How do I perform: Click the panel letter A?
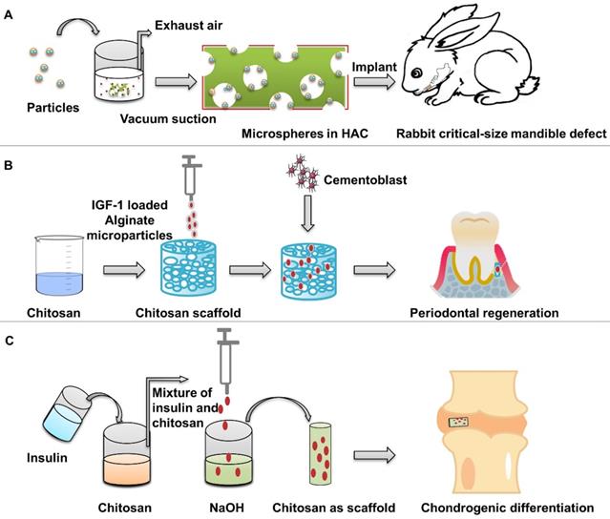click(x=10, y=14)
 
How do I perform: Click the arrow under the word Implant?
click(x=373, y=83)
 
